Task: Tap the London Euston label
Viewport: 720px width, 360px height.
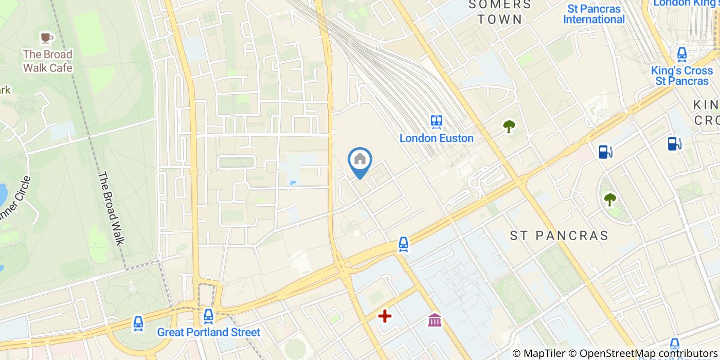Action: coord(437,138)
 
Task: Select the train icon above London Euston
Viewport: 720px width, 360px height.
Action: coord(437,122)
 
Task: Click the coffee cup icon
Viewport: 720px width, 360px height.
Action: coord(47,38)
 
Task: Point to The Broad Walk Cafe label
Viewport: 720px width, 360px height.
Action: coord(47,61)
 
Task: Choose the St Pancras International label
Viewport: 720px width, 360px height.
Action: coord(594,14)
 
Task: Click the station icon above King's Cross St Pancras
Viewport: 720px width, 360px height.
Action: coord(682,53)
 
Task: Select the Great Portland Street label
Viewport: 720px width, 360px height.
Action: coord(209,332)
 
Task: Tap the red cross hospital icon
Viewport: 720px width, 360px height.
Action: coord(385,316)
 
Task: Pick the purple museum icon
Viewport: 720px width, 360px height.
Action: coord(435,320)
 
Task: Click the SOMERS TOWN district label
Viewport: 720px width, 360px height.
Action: coord(500,12)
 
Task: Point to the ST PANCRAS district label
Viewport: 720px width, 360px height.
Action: coord(559,236)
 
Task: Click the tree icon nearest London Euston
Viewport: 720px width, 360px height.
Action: coord(509,125)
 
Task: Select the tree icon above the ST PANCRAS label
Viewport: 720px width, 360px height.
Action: coord(610,199)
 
